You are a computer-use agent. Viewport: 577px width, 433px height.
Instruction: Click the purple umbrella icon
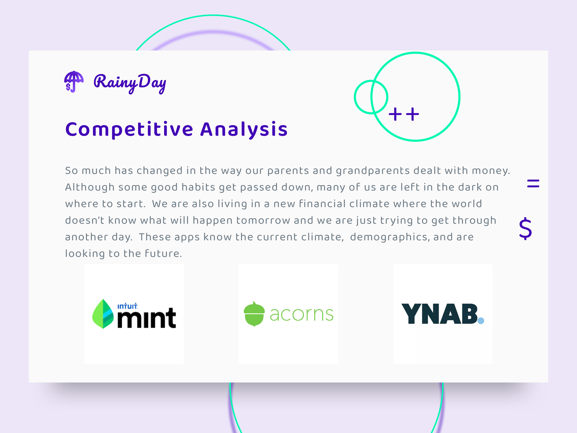click(74, 82)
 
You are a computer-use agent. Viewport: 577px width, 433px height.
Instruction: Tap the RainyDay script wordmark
click(130, 83)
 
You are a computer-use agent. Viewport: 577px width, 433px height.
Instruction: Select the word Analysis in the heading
click(244, 130)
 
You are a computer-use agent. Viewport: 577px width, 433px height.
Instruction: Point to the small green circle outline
click(355, 97)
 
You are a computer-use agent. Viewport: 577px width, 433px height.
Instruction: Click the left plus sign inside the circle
click(395, 114)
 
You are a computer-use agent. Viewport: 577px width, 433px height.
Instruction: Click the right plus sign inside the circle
click(412, 114)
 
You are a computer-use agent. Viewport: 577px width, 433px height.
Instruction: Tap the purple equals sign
click(533, 184)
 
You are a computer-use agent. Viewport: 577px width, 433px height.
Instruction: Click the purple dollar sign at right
click(525, 229)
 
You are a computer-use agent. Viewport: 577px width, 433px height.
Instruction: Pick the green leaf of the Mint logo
click(103, 314)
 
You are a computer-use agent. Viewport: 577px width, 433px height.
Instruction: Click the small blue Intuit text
click(127, 306)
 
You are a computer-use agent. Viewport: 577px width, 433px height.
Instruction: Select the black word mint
click(147, 318)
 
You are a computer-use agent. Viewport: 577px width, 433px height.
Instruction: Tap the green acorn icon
click(254, 314)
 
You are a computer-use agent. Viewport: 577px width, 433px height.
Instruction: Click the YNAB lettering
click(439, 314)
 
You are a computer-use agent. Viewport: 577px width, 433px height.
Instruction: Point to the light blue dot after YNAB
click(481, 320)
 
